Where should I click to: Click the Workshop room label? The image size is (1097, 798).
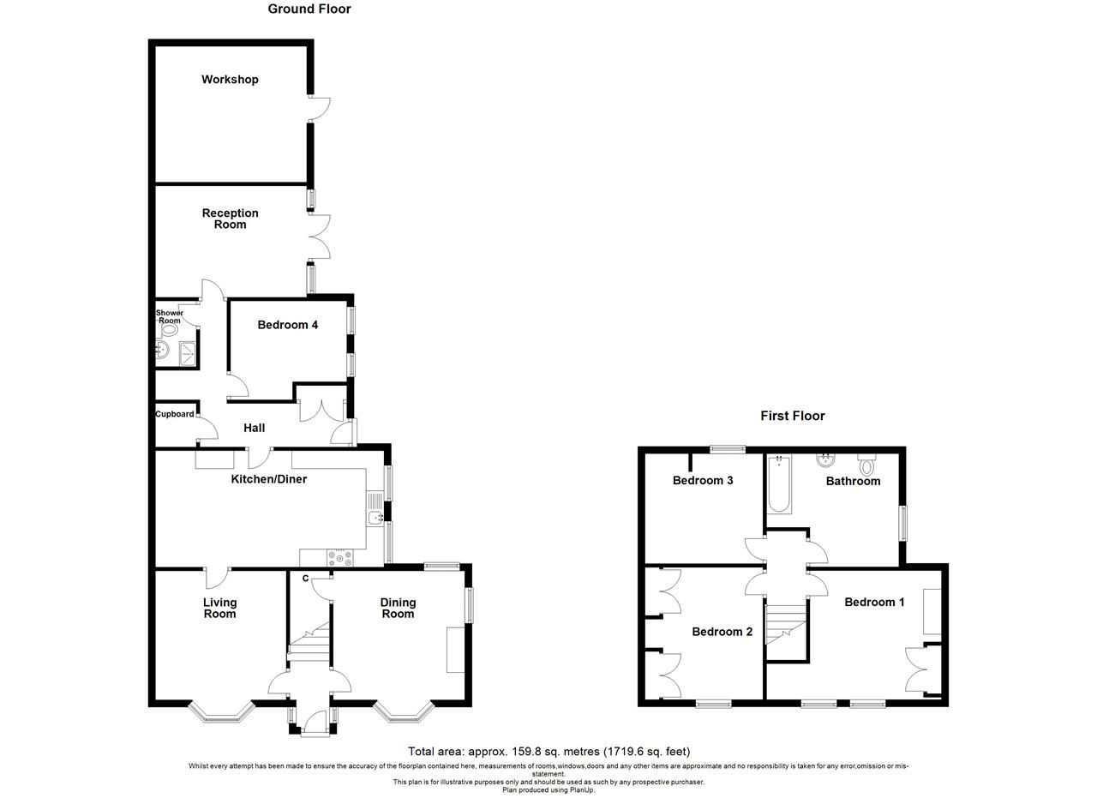click(x=230, y=80)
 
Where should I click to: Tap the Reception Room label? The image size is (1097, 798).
click(x=230, y=219)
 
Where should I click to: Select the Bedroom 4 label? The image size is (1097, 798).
click(x=288, y=325)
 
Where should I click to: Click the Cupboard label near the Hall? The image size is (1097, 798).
click(x=175, y=414)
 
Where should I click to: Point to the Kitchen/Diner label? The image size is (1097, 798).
click(x=269, y=479)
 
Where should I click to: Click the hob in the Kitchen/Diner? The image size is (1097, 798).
click(x=340, y=557)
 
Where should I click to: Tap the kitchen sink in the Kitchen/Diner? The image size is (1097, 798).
click(x=375, y=517)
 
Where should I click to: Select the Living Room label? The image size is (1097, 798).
click(x=219, y=608)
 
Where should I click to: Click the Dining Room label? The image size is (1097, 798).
click(x=398, y=608)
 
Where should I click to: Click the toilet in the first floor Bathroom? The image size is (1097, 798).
click(x=866, y=466)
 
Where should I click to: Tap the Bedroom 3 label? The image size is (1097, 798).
click(x=703, y=481)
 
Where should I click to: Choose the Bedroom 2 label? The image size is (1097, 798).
click(x=722, y=632)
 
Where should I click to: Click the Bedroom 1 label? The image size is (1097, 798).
click(x=874, y=603)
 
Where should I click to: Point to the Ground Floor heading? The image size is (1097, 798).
click(x=309, y=9)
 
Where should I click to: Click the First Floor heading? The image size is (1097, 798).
click(x=793, y=416)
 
